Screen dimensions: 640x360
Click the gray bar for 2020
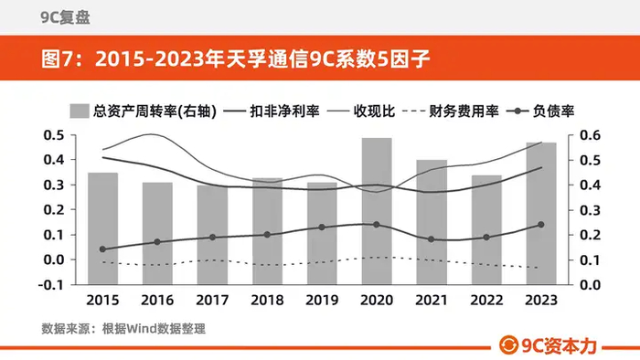tap(377, 211)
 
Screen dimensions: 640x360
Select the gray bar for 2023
tap(541, 213)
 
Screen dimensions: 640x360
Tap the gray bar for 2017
tap(212, 235)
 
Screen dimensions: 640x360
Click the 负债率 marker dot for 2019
tap(322, 228)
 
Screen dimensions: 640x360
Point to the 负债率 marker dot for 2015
tap(102, 249)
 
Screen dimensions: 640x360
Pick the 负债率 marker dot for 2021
tap(432, 239)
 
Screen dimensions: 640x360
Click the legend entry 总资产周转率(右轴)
tap(143, 111)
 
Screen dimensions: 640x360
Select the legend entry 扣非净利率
tap(272, 111)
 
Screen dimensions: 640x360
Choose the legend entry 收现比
tap(361, 111)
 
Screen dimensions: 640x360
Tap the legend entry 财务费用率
tap(450, 111)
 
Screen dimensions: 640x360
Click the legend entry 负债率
tap(540, 111)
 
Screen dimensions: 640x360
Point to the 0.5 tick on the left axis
tap(54, 135)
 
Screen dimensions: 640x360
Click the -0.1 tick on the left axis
tap(51, 284)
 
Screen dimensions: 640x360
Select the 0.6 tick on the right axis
tap(591, 135)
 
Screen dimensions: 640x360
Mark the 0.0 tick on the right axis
tap(591, 284)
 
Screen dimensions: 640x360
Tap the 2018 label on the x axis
tap(267, 300)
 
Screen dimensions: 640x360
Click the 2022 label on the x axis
tap(486, 300)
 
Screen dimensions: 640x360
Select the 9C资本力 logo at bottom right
tap(548, 345)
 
